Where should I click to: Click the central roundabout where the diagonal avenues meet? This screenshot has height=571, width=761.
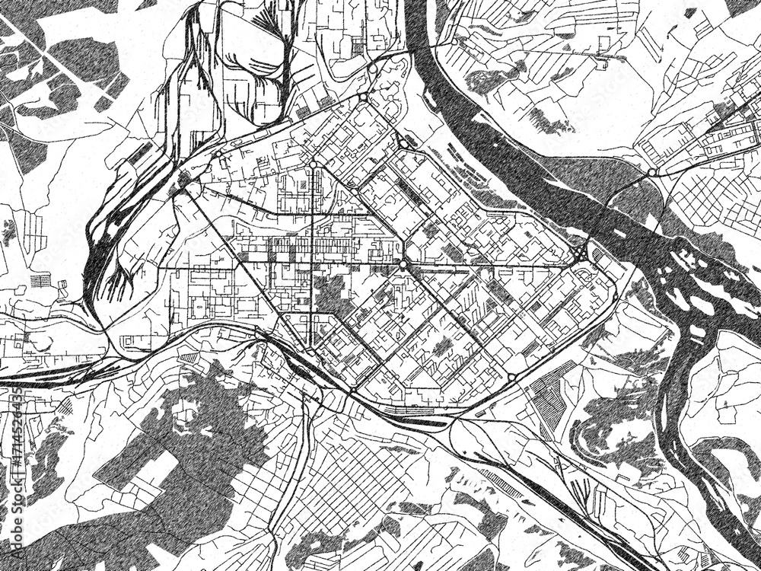[x=403, y=264]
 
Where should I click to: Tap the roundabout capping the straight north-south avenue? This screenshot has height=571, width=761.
[x=312, y=164]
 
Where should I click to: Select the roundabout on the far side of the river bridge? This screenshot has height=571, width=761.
[x=652, y=174]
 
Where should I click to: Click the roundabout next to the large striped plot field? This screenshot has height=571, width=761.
[x=512, y=377]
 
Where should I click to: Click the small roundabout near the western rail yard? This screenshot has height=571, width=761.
[x=183, y=183]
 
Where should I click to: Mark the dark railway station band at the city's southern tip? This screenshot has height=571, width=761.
[x=407, y=413]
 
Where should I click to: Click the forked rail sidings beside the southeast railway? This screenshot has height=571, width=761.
[x=498, y=480]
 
